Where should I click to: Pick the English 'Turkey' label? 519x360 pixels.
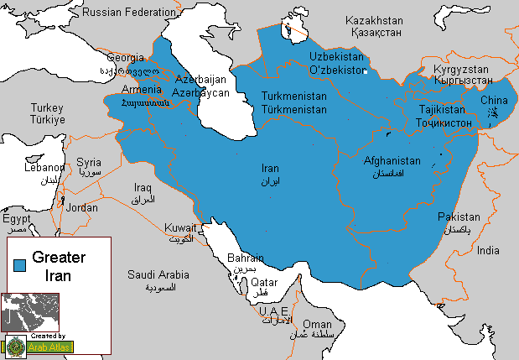pyautogui.click(x=47, y=107)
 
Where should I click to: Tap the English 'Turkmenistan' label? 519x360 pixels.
pyautogui.click(x=293, y=97)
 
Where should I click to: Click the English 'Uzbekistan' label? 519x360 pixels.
pyautogui.click(x=337, y=55)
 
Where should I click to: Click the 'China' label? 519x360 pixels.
pyautogui.click(x=494, y=101)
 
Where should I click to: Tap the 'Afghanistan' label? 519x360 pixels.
pyautogui.click(x=392, y=160)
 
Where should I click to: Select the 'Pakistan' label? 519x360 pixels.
pyautogui.click(x=459, y=217)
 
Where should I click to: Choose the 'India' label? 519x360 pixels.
pyautogui.click(x=488, y=250)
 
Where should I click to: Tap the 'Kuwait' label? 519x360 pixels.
pyautogui.click(x=180, y=227)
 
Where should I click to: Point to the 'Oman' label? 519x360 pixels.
pyautogui.click(x=317, y=323)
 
